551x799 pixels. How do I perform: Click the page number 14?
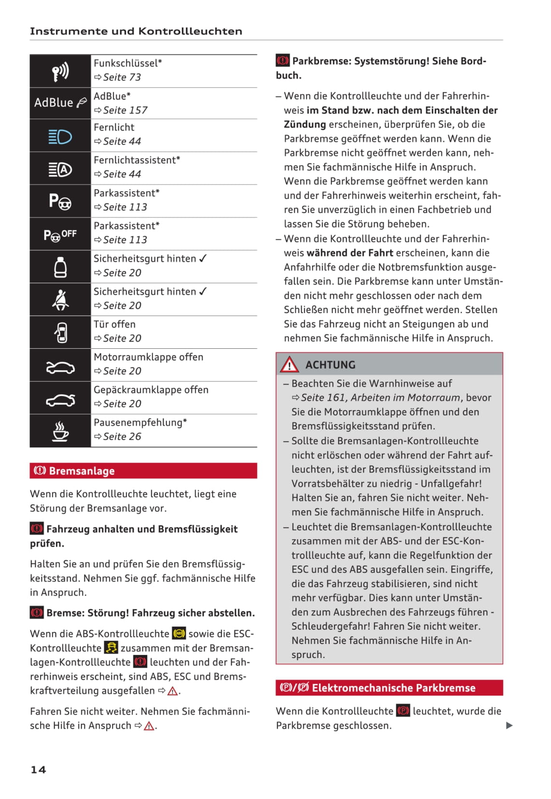(38, 770)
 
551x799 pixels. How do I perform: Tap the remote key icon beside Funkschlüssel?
(60, 71)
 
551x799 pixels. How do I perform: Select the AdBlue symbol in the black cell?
(60, 102)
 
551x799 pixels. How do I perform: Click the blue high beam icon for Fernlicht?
(60, 137)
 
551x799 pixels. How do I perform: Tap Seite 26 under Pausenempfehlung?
(122, 437)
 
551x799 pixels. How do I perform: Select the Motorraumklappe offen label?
(149, 357)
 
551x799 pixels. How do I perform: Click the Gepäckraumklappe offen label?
(151, 390)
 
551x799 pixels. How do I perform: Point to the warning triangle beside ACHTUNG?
(289, 365)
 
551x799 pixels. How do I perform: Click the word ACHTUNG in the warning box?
(331, 365)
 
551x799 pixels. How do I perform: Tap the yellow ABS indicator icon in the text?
(179, 633)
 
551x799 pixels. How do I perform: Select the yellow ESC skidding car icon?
(111, 648)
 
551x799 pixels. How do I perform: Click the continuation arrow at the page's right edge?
(509, 726)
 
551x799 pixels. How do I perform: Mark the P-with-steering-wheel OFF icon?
(60, 235)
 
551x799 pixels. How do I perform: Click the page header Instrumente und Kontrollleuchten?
(136, 31)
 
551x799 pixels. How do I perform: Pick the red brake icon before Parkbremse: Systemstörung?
(283, 61)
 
